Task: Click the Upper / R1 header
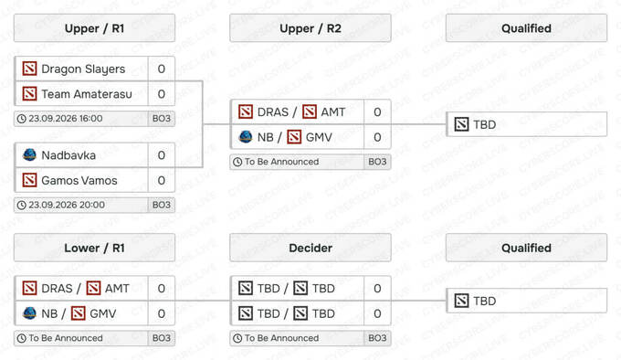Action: (x=94, y=28)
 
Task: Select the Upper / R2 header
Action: (x=310, y=28)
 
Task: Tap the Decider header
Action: (x=310, y=248)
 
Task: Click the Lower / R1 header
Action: (x=94, y=248)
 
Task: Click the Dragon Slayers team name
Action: (x=83, y=69)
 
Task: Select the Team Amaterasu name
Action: (x=87, y=94)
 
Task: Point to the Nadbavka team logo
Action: (x=29, y=154)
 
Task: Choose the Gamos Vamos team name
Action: (x=79, y=181)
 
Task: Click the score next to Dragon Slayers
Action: (x=162, y=69)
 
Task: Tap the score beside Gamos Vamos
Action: (x=162, y=181)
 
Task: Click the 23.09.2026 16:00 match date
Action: (x=66, y=119)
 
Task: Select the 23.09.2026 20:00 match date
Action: (x=67, y=205)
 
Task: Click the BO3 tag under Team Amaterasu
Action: (x=162, y=119)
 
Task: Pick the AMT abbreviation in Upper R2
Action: (x=333, y=112)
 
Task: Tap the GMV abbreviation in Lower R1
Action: (x=103, y=313)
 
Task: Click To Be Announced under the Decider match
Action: (x=281, y=338)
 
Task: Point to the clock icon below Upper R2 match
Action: (x=237, y=162)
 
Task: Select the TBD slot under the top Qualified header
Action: (x=526, y=124)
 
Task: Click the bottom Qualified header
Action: (x=526, y=248)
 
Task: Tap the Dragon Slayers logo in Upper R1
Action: (x=29, y=69)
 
